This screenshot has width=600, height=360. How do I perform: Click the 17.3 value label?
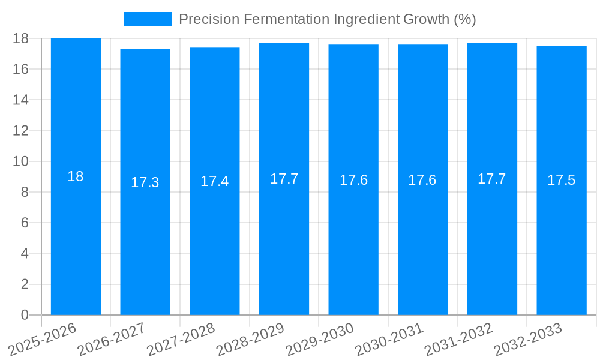pos(145,182)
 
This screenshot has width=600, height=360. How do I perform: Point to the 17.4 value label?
pos(215,181)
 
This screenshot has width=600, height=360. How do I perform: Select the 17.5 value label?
pos(562,180)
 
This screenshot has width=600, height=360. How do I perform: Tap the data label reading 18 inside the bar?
pos(76,176)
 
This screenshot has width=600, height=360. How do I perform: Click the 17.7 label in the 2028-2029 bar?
pos(284,179)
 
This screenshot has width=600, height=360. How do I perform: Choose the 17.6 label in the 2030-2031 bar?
pos(422,180)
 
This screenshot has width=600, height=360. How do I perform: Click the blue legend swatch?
pos(147,19)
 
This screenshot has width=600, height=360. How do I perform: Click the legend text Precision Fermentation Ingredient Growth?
pos(328,19)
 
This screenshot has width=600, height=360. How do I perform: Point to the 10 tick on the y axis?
pos(21,161)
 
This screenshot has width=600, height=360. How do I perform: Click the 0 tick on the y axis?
pos(25,315)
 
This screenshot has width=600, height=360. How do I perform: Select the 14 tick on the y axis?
pos(21,100)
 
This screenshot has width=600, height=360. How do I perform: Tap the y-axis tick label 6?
pos(25,223)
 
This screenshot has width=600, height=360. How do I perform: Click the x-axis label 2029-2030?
pos(320,339)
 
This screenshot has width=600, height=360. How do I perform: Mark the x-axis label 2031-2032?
pos(459,339)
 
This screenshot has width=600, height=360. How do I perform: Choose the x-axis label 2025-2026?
pos(43,339)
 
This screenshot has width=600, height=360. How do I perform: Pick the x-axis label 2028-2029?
pos(251,339)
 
